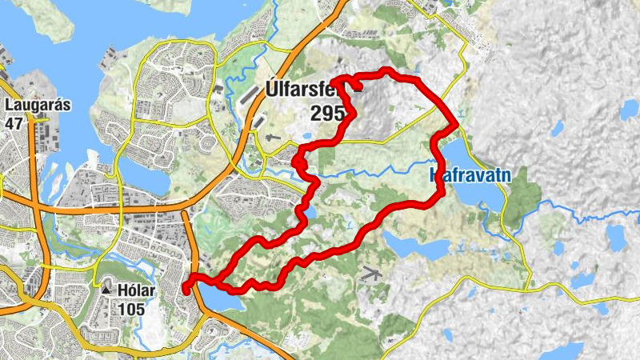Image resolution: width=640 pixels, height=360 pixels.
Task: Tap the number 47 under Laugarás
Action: pos(14,124)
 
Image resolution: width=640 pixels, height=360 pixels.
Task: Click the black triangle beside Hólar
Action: pos(106,289)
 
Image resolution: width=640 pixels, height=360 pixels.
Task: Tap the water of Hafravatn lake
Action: pos(472,192)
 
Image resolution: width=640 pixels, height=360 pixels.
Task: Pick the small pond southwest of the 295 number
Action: pos(310,211)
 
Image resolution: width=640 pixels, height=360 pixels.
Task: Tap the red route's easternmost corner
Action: pos(456,124)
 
